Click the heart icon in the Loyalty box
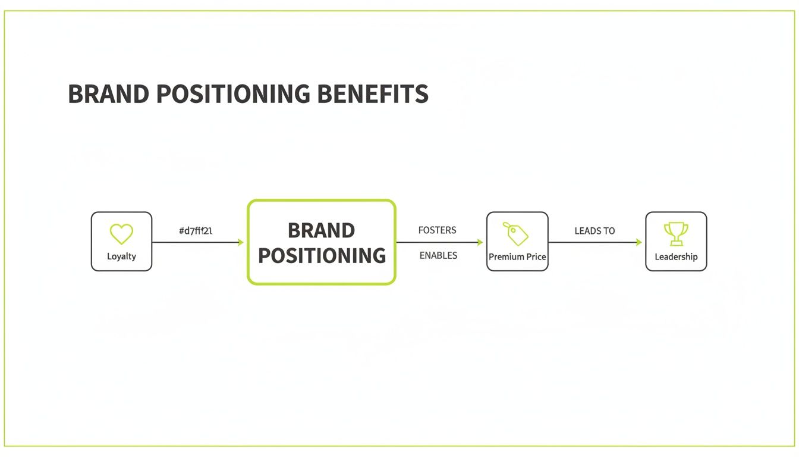(121, 234)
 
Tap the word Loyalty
(121, 256)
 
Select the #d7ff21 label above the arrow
(196, 231)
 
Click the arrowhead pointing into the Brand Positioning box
(240, 242)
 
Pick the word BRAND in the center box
(321, 230)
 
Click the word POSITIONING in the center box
(322, 256)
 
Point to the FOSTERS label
(437, 230)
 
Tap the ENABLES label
(438, 255)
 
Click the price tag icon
(516, 234)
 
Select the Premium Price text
(517, 257)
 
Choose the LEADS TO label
(594, 231)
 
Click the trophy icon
(676, 234)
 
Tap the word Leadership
(676, 257)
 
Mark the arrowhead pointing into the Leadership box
(638, 242)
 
